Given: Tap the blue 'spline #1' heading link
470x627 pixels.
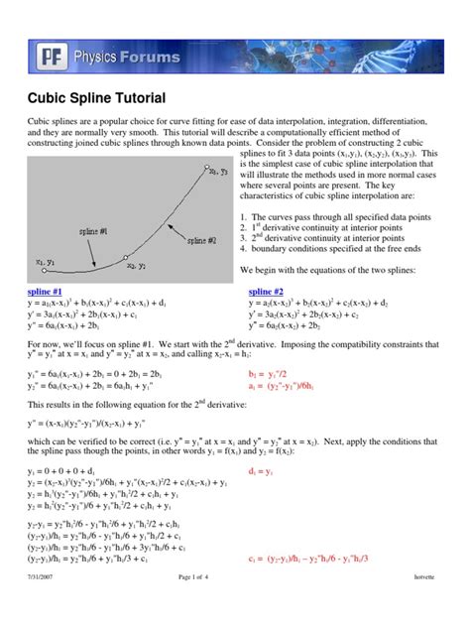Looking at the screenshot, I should tap(47, 293).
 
